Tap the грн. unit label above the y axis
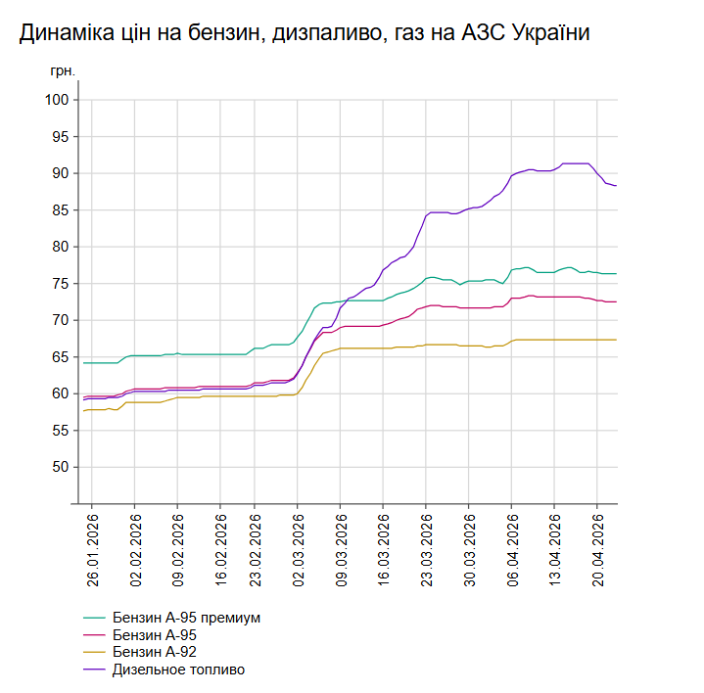(62, 71)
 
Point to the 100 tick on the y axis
(56, 100)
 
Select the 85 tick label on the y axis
(60, 210)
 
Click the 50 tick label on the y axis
(60, 467)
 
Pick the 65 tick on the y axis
(60, 357)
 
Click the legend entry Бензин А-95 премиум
(186, 618)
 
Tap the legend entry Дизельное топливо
(178, 670)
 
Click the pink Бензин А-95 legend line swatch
(95, 635)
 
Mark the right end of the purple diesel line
(616, 186)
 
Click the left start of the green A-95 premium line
(83, 363)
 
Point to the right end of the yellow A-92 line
(616, 340)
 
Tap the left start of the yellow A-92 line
(83, 411)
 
